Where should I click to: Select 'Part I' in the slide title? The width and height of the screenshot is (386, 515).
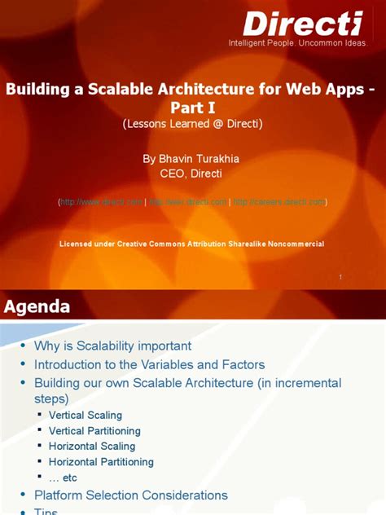point(192,108)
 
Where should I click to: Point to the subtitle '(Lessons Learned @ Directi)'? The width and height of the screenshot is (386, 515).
point(192,124)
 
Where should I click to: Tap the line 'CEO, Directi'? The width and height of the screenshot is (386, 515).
point(192,173)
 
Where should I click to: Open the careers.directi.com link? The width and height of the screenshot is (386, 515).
point(279,201)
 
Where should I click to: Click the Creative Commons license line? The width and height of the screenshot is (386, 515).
point(192,244)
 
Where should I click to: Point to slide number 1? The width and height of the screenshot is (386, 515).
point(340,278)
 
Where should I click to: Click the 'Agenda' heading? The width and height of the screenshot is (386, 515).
point(37,306)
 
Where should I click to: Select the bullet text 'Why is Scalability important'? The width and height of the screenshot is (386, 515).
point(112,346)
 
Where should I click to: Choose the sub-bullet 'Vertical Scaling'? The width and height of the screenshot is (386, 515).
point(86,416)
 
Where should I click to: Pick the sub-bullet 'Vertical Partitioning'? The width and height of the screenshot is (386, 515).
point(94,431)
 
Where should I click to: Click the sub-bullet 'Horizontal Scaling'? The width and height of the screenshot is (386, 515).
point(92,447)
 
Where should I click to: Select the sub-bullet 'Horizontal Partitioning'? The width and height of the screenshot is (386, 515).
point(101,462)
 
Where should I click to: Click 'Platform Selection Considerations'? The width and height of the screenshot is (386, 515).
point(130,495)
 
